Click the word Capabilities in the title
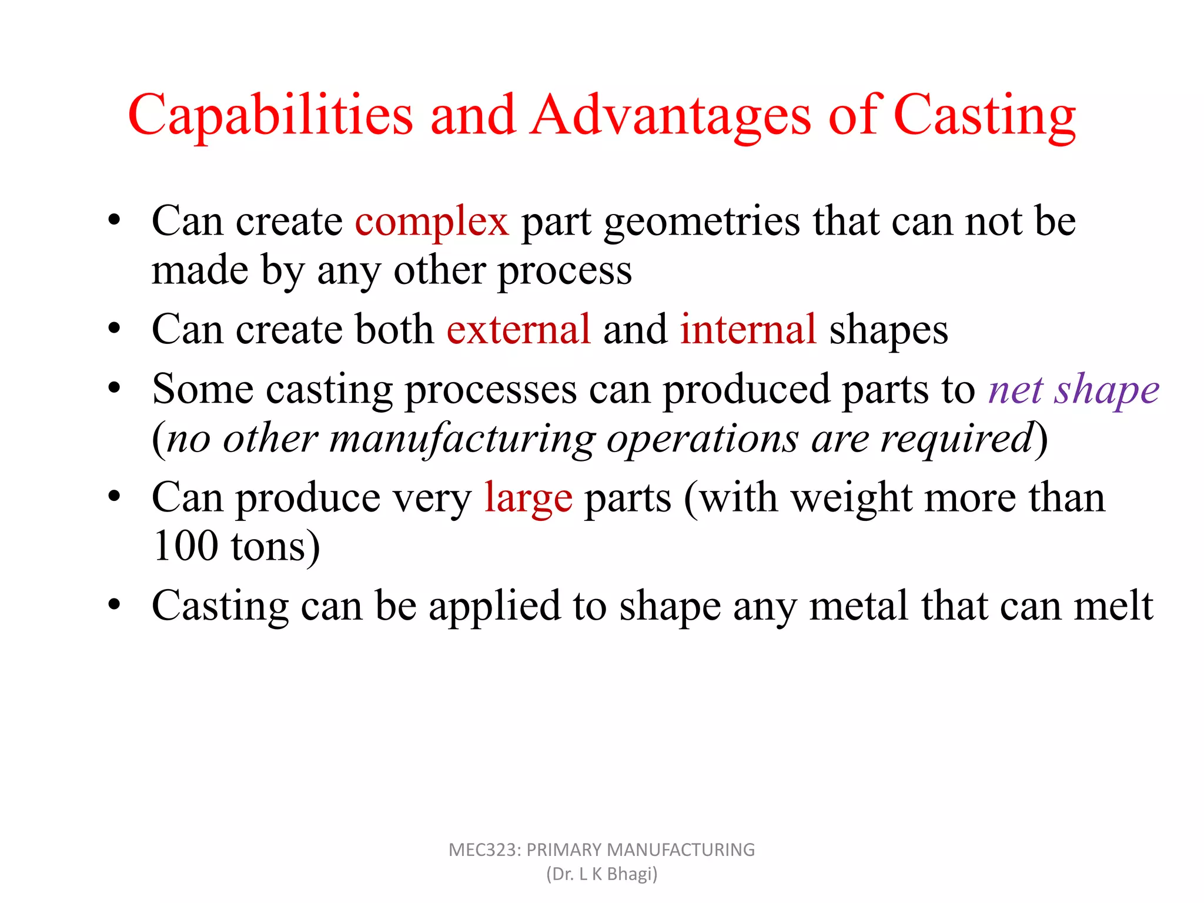pos(270,115)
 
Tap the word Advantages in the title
pos(671,115)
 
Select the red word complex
pos(432,222)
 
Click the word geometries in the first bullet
pos(702,222)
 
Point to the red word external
pos(518,329)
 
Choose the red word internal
pos(748,329)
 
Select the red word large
pos(528,499)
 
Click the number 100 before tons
pos(185,547)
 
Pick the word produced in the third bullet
pos(747,390)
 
